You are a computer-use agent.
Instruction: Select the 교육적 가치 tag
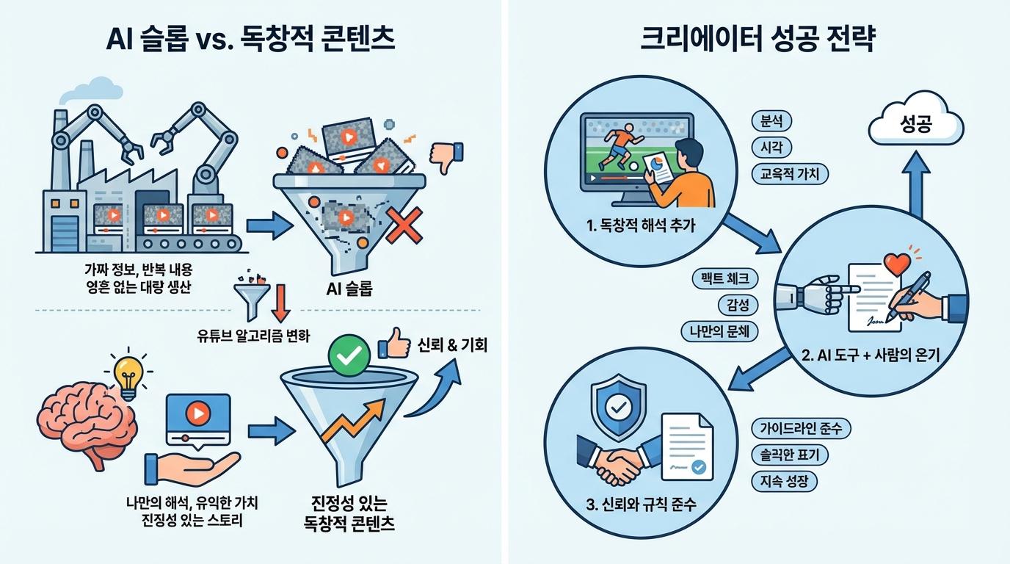790,173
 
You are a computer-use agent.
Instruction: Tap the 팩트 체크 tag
725,278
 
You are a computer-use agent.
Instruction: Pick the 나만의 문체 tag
719,330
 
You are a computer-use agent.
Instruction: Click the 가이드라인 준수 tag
802,428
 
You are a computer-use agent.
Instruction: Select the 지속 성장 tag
784,481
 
